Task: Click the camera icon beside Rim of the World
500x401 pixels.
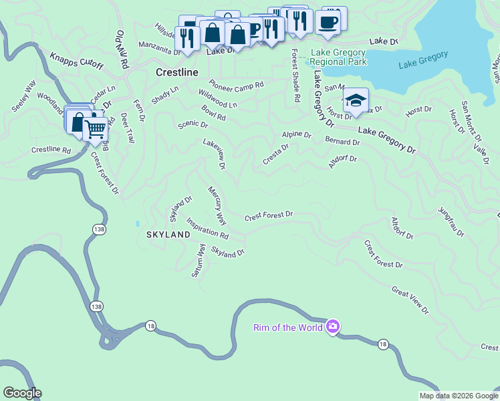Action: [332, 326]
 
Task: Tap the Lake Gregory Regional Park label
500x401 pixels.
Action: [338, 57]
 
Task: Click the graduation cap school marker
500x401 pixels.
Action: [356, 100]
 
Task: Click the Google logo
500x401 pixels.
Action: [22, 393]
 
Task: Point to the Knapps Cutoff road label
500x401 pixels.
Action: [78, 59]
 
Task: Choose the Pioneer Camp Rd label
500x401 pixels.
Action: [236, 85]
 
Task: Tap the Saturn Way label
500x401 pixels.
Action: [199, 261]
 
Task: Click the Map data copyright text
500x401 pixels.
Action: [458, 396]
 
